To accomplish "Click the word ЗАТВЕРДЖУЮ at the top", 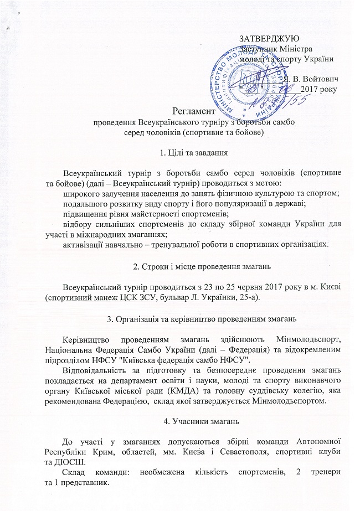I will coord(269,39).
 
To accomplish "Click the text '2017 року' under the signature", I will coord(320,87).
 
